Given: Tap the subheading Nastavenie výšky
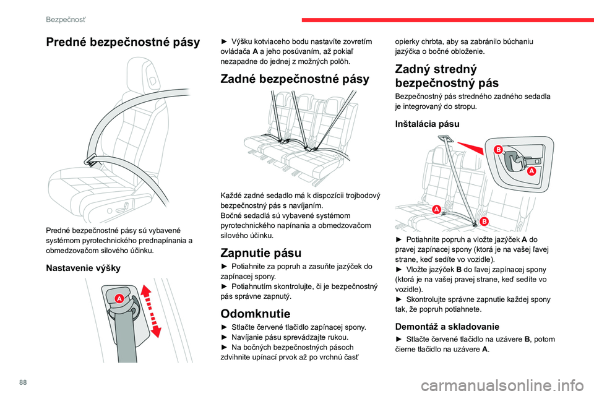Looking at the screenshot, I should pos(84,269).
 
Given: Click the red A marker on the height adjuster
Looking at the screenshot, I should pos(118,298).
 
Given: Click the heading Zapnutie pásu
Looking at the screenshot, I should pos(262,252).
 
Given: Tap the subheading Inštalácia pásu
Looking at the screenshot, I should pos(427,124).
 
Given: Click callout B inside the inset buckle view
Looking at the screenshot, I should pos(497,150).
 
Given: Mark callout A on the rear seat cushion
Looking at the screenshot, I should pos(436,210).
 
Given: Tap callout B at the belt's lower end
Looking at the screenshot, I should pos(483,221).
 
